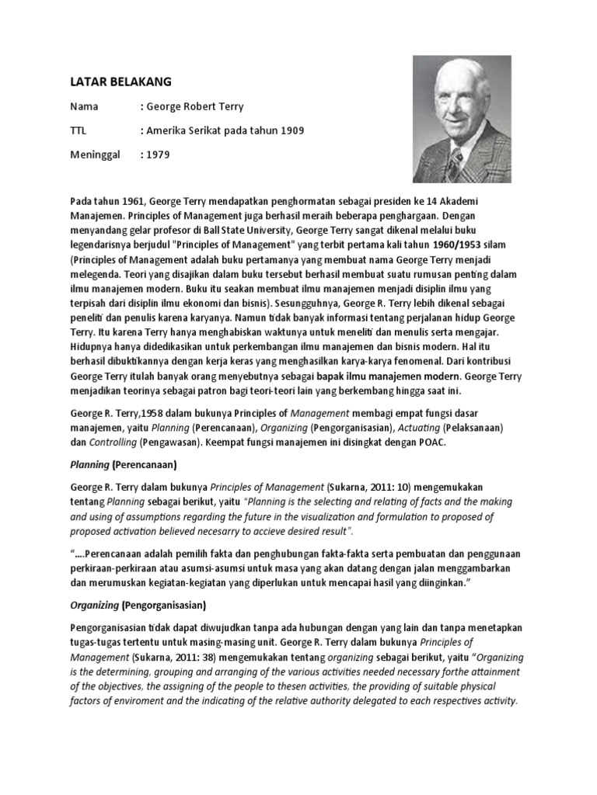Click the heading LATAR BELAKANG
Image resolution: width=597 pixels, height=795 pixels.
[120, 82]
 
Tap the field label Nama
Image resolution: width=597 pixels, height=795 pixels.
[85, 106]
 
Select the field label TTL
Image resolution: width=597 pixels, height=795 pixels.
[79, 130]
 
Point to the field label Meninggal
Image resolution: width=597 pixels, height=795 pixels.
[95, 154]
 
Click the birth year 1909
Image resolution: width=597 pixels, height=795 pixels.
[289, 130]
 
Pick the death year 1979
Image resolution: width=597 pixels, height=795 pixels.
[156, 154]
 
